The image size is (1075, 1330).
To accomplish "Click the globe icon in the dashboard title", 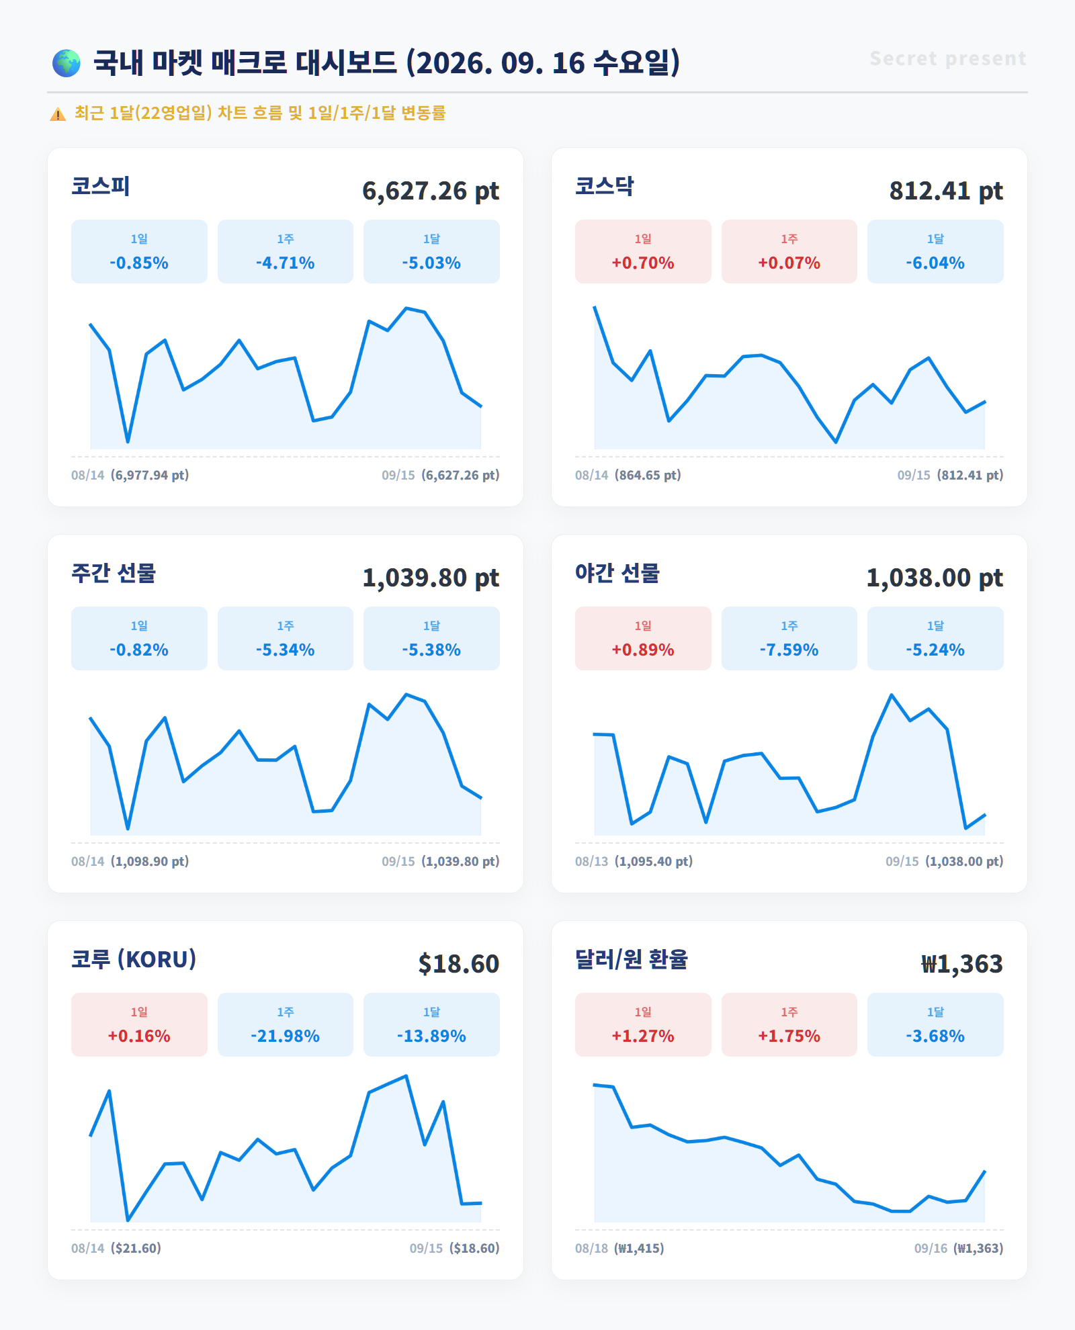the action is coord(67,63).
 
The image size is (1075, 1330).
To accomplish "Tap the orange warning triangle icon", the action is coord(58,114).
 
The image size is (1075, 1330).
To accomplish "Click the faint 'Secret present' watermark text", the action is coord(948,58).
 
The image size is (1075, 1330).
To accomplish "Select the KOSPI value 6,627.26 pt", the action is coord(431,191).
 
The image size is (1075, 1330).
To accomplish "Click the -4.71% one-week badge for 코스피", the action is coord(286,251).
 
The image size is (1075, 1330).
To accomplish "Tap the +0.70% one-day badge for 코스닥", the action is coord(643,251).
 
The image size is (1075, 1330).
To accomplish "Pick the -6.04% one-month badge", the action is coord(935,251).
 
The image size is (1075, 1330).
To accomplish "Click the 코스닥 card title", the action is coord(605,186).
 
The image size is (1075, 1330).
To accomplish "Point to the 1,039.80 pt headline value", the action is coord(431,578).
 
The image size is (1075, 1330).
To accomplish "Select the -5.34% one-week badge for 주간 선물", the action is coord(286,638).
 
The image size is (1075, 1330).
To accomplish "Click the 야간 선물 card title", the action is coord(617,573).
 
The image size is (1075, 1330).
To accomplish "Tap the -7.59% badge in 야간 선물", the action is coord(789,638).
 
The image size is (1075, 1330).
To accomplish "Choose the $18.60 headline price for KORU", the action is coord(459,964).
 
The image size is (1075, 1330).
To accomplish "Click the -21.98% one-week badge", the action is coord(286,1024).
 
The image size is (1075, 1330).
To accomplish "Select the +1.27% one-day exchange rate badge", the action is coord(643,1024).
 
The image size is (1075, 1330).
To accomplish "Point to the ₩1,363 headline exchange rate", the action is coord(962,964).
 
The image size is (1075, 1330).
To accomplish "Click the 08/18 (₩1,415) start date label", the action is coord(619,1248).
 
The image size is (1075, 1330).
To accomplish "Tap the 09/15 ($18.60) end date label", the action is coord(455,1248).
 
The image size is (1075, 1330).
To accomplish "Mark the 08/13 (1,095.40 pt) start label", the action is coord(634,861).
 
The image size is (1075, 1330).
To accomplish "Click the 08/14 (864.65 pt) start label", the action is coord(628,475).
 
